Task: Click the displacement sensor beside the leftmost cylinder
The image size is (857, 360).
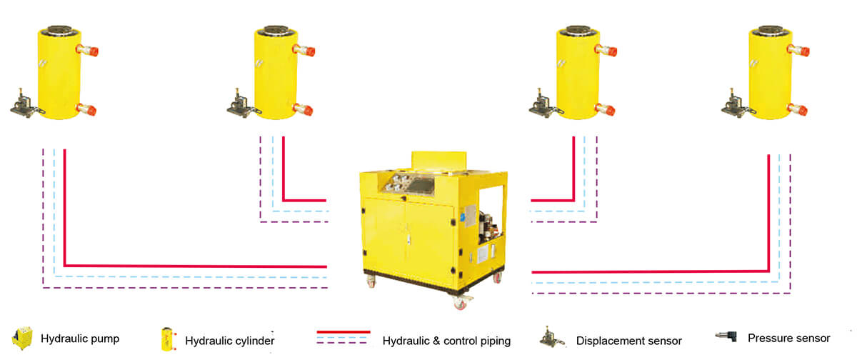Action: (24, 104)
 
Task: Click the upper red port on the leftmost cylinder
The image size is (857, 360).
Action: (89, 51)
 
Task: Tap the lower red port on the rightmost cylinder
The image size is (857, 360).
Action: (798, 110)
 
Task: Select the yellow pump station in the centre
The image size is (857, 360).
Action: (431, 221)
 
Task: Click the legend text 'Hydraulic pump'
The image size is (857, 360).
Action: (80, 338)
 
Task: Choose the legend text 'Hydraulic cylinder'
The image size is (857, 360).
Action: (229, 341)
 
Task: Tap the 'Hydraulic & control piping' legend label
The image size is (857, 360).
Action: (446, 341)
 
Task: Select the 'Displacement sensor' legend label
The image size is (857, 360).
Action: (628, 341)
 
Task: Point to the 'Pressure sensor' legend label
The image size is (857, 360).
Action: (788, 338)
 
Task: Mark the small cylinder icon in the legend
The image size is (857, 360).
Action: (167, 339)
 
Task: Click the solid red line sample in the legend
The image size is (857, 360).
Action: (344, 332)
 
